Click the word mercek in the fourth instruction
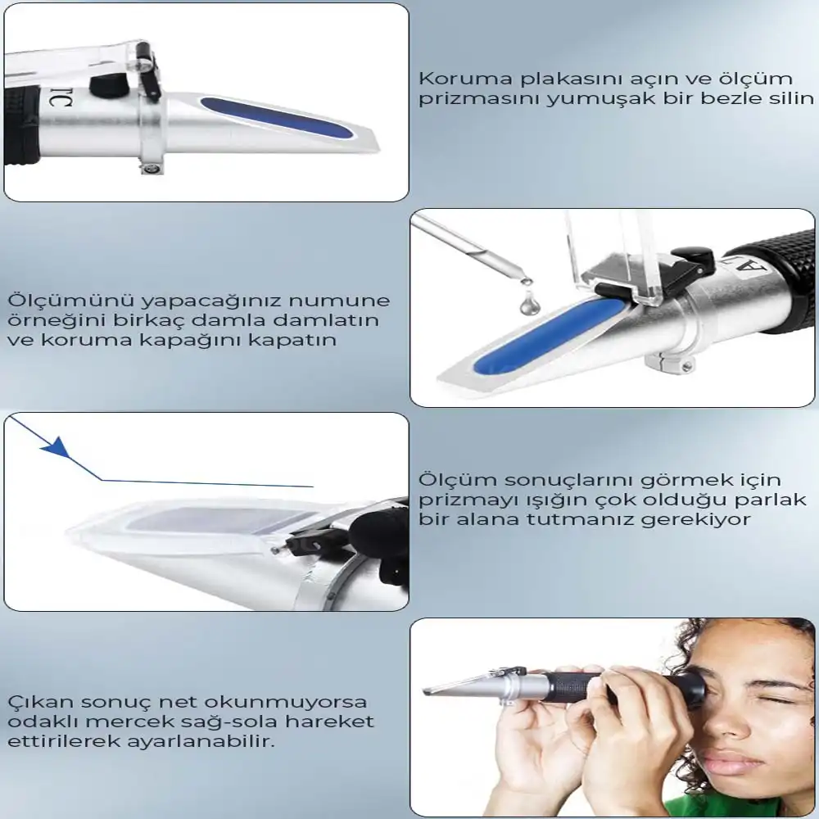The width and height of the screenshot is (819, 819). coord(129,722)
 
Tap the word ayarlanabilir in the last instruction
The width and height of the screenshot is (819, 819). coord(212,742)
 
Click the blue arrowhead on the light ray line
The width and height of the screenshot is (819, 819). coord(57,446)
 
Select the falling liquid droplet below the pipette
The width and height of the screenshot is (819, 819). coord(530,305)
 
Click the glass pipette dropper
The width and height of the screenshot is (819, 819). coord(470,249)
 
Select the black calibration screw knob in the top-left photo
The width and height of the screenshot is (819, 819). coord(109,84)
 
